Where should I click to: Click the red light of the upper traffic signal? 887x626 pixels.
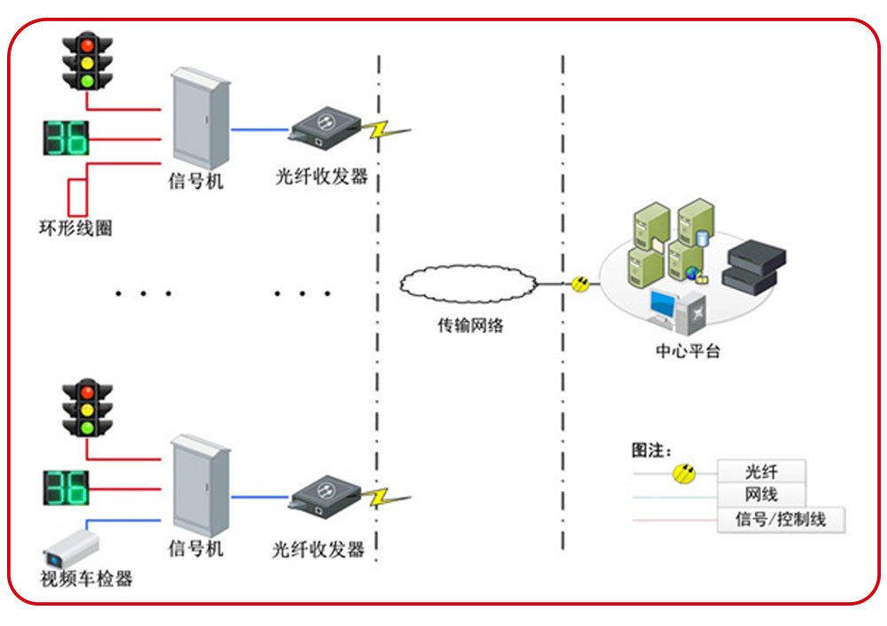pos(87,43)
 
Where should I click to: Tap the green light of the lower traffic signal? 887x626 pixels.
pos(87,427)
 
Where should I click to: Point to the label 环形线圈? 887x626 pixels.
pos(75,229)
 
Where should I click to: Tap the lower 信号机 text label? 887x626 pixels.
pos(196,548)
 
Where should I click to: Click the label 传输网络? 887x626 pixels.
pos(470,325)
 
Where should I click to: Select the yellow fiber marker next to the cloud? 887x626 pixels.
pos(581,284)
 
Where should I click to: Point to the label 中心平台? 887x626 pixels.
pos(687,351)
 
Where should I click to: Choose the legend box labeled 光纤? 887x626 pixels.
pos(761,472)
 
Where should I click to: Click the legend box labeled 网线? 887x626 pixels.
pos(761,495)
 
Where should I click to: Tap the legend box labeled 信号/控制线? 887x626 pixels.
pos(781,520)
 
